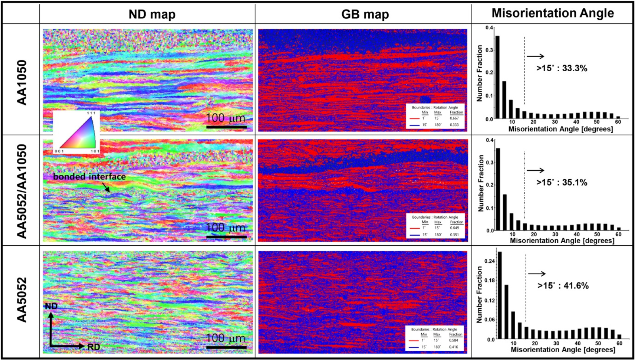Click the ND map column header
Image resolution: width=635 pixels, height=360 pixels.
point(152,14)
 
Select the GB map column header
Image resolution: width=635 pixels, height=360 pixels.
point(365,14)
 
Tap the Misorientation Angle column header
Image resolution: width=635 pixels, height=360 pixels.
point(553,13)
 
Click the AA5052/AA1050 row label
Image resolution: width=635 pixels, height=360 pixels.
point(22,191)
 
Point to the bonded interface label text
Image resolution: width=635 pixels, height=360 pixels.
point(89,177)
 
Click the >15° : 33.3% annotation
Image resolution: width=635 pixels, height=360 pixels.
point(562,68)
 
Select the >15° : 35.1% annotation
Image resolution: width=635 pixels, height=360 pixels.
point(562,182)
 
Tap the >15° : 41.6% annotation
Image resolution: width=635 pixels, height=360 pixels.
point(563,285)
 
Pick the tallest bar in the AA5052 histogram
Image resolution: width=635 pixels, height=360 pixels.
point(500,295)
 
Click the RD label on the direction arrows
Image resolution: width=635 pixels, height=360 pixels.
point(94,347)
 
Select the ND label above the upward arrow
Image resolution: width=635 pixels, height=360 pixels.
point(51,306)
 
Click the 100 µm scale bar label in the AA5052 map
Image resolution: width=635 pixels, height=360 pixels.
point(226,338)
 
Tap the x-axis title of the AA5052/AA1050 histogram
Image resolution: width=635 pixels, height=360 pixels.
point(562,241)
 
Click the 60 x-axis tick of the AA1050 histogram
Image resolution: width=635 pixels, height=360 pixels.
point(618,122)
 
